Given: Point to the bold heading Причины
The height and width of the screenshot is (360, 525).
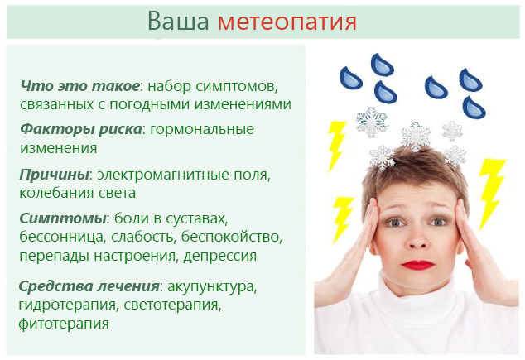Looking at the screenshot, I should point(54,175).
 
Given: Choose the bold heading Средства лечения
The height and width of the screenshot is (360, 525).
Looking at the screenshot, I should point(89,286).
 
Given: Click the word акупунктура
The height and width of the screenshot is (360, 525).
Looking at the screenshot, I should point(210,287).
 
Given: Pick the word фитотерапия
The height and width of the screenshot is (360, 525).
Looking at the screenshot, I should point(64,324).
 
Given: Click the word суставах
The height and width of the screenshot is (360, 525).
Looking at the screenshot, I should point(196,218).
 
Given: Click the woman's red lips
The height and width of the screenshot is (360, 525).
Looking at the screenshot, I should point(418,264).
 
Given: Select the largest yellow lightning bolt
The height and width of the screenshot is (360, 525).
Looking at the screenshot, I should point(491,192).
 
